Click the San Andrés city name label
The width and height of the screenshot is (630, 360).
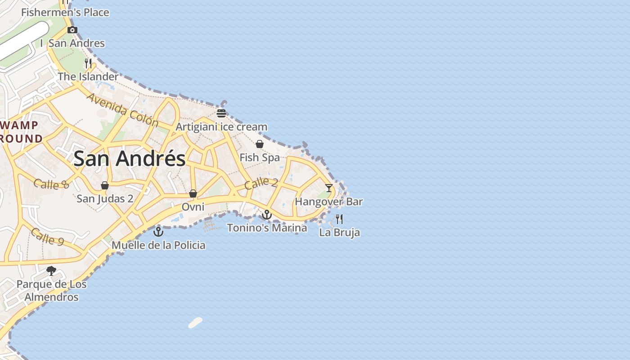(130, 159)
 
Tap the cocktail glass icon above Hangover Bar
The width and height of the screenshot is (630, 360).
(329, 188)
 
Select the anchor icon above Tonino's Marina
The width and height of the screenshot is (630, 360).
(267, 215)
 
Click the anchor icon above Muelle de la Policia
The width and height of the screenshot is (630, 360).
(158, 232)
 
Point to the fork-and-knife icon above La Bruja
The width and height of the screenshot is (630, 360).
(339, 219)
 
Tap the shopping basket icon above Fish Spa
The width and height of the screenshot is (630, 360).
(260, 144)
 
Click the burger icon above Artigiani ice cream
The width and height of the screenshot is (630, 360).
(221, 113)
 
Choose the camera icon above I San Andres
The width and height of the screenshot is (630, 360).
(72, 30)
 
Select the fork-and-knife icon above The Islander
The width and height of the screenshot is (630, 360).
(88, 63)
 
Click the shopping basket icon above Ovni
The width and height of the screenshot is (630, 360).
(193, 193)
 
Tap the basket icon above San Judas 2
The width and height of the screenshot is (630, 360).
(105, 185)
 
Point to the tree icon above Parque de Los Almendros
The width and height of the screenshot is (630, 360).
(51, 271)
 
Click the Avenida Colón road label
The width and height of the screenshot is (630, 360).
(122, 110)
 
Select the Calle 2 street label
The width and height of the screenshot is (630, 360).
(261, 183)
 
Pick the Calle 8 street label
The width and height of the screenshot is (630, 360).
(51, 184)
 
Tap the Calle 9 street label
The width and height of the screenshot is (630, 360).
(47, 237)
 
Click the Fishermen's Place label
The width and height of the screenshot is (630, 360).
(65, 13)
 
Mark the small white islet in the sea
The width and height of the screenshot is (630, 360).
(195, 323)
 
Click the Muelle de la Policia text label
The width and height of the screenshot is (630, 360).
(158, 245)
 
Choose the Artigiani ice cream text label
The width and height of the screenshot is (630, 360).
(221, 127)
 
